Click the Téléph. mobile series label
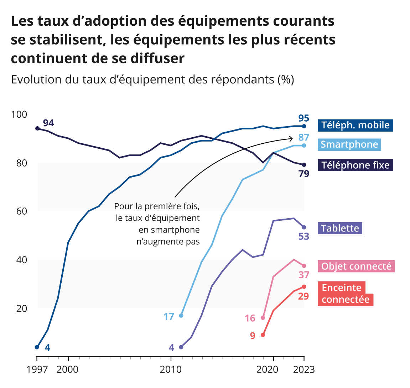coord(355,125)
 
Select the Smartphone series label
coord(349,144)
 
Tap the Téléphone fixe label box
coord(355,165)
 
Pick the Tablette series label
coord(340,228)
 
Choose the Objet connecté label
coord(356,266)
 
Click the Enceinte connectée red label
coord(345,293)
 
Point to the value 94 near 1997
coord(48,123)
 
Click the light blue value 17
coord(169,316)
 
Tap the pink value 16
coord(250,318)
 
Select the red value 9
coord(253,336)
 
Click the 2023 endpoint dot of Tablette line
coord(304,228)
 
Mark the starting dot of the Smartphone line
coord(181,316)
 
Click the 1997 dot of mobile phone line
coord(37,347)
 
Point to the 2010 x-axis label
coord(171,369)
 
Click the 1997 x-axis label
coord(37,369)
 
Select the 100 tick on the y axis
coord(19,114)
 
